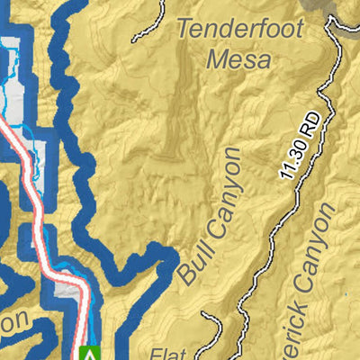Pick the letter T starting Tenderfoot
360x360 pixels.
coord(184,27)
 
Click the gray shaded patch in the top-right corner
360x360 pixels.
coord(345,9)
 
